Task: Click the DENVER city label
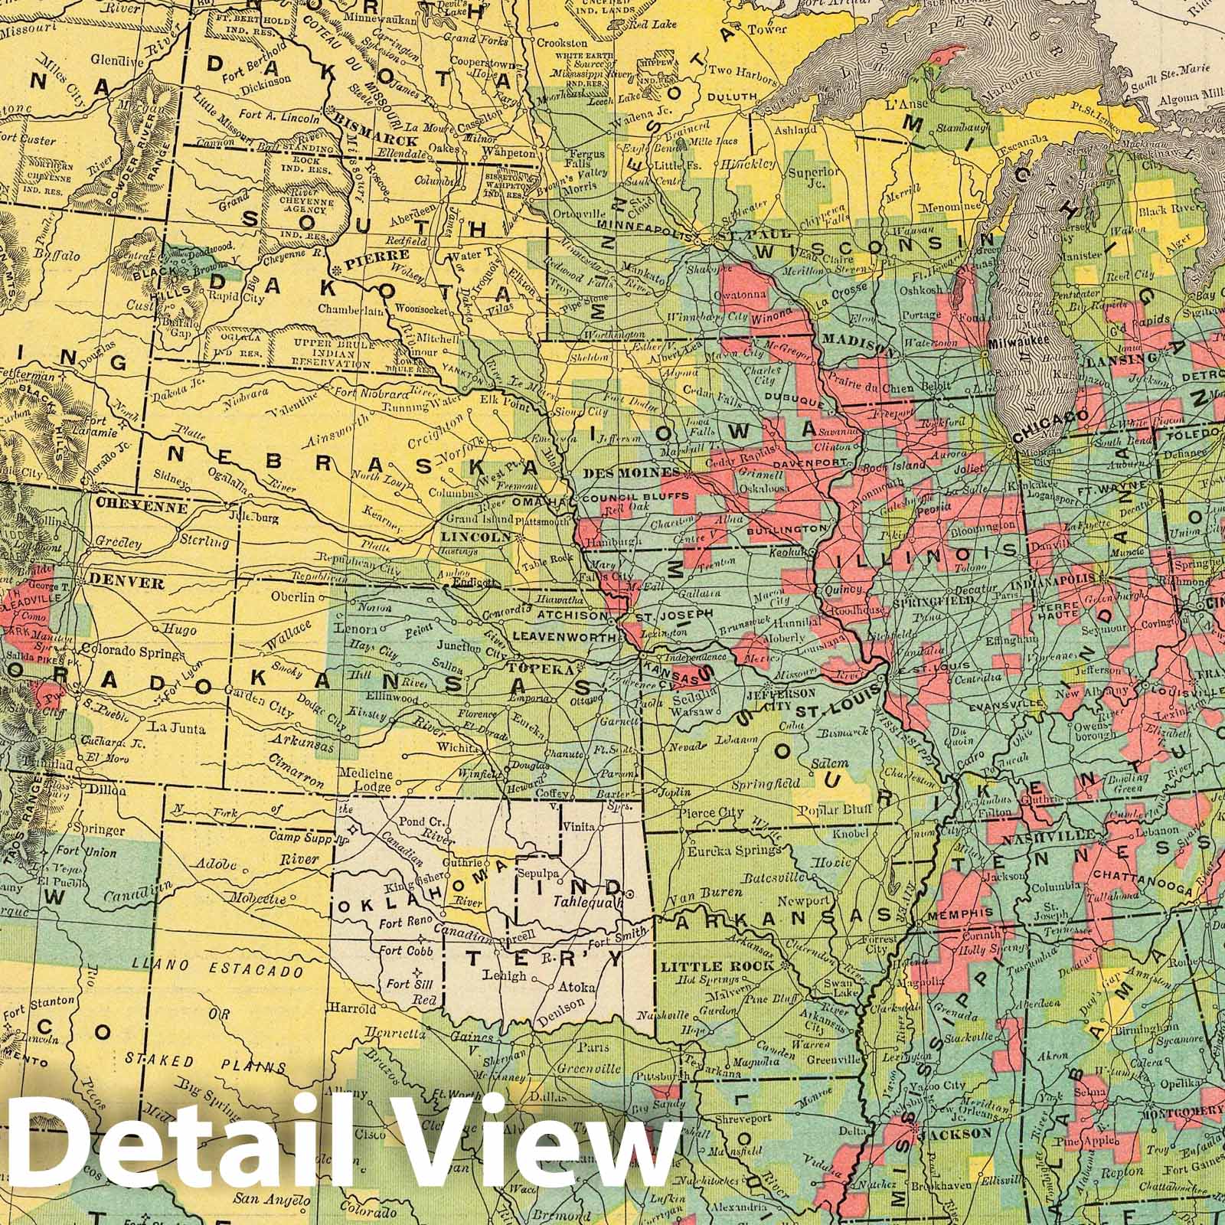coord(126,583)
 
